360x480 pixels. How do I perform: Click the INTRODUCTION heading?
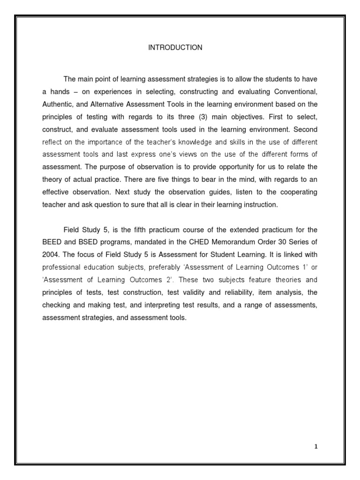tap(175, 48)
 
